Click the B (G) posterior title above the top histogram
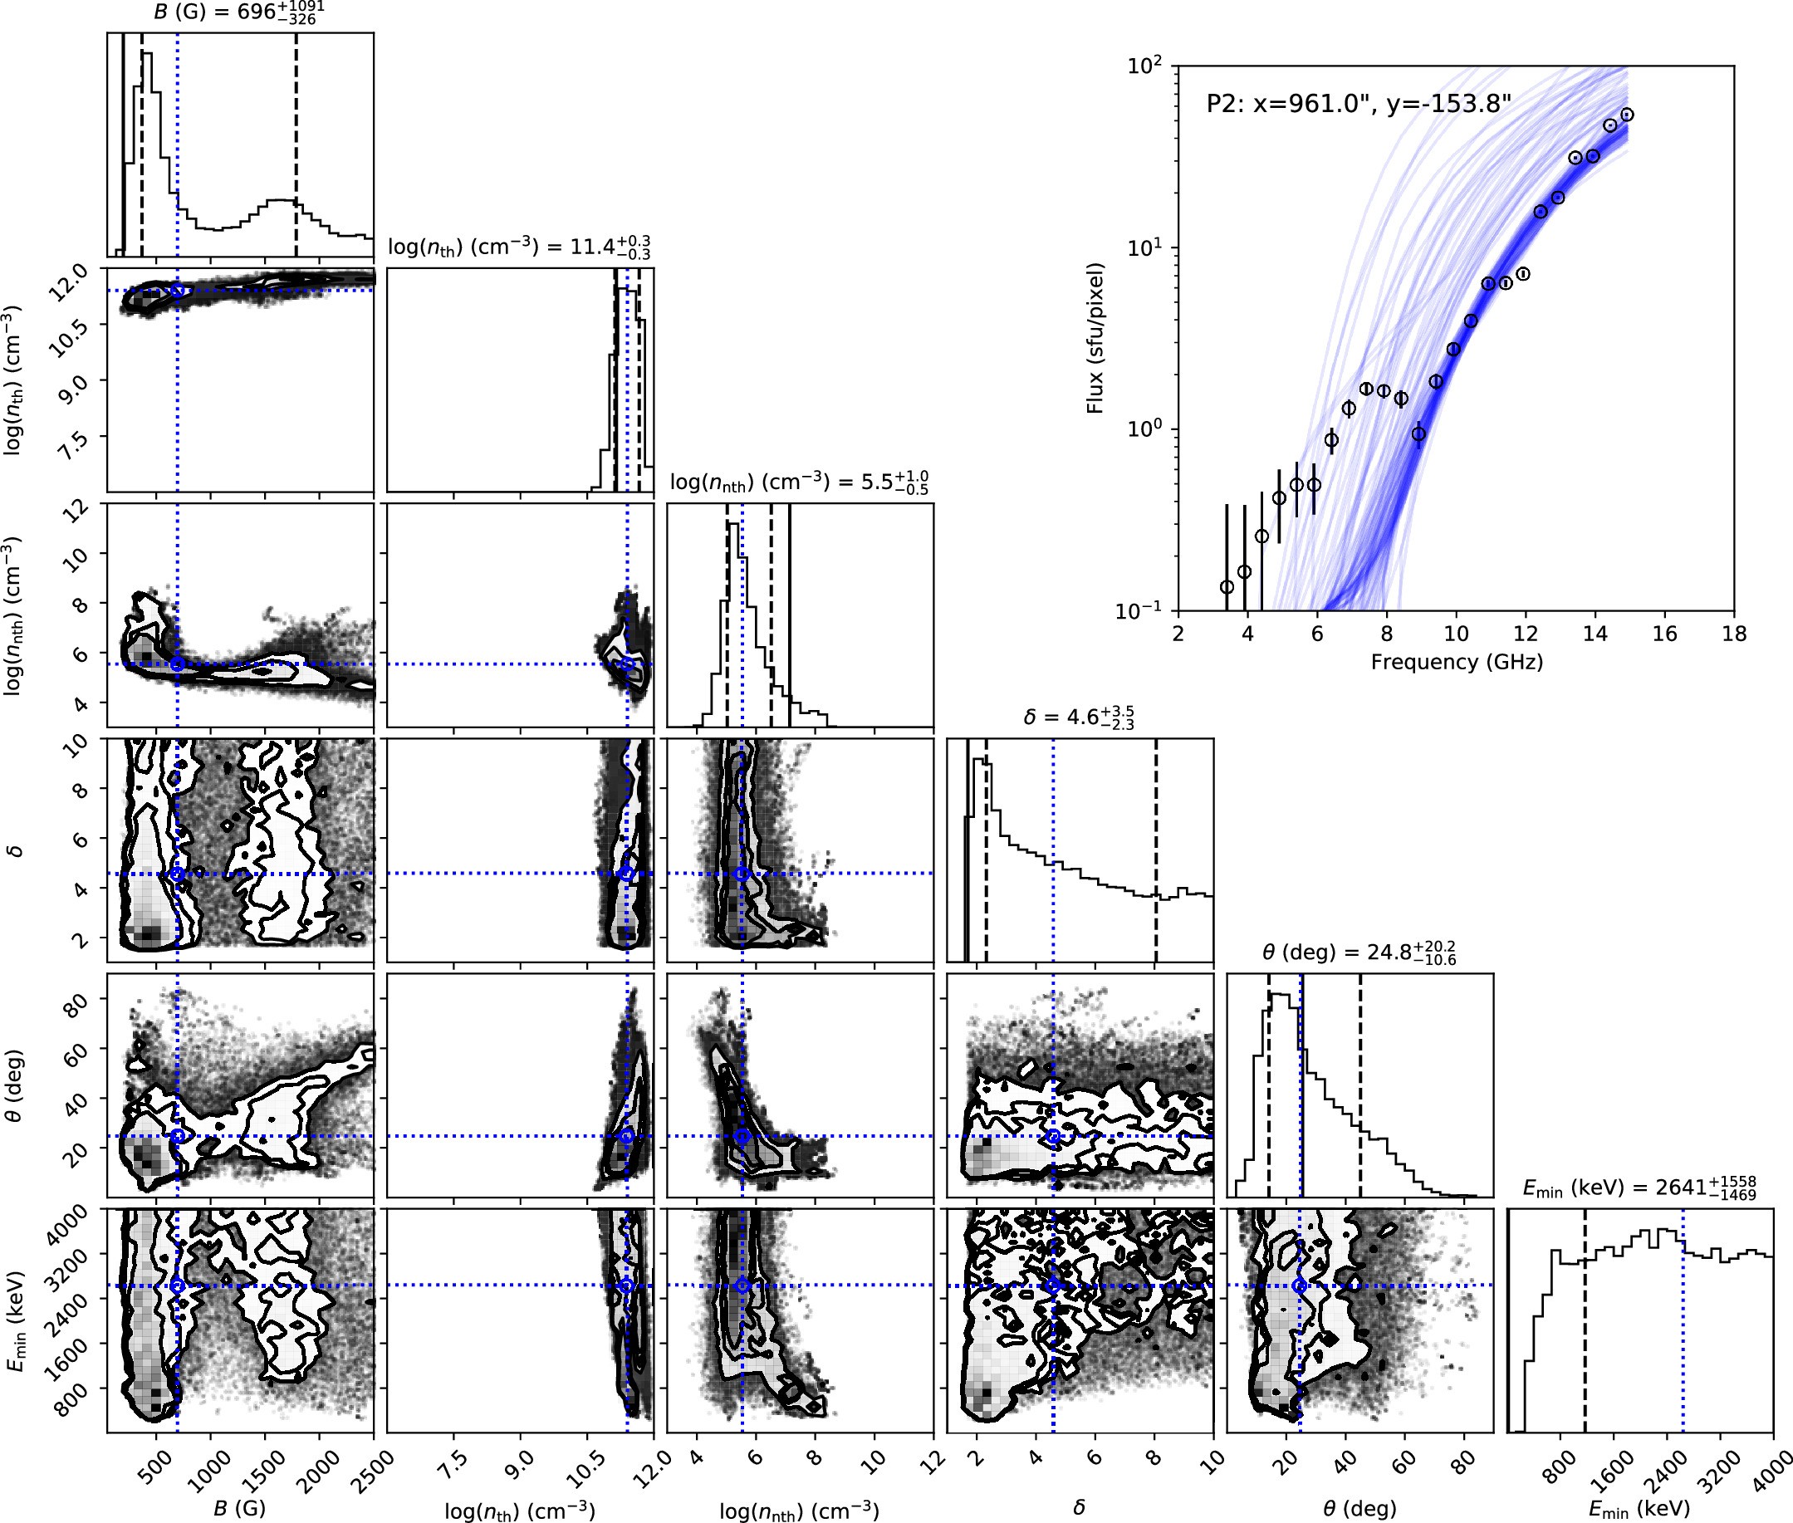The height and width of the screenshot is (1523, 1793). click(x=239, y=12)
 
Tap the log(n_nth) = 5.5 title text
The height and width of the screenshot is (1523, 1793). click(x=799, y=482)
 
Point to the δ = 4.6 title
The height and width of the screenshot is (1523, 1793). click(x=1078, y=717)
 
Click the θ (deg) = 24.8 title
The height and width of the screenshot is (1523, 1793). click(x=1359, y=952)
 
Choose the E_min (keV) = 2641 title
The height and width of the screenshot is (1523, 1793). click(x=1639, y=1188)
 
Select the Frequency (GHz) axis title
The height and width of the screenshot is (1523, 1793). click(x=1457, y=662)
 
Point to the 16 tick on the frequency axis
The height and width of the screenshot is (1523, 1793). click(x=1664, y=634)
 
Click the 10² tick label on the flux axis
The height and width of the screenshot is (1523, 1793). click(x=1147, y=66)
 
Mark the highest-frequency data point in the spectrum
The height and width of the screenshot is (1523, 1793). click(x=1627, y=115)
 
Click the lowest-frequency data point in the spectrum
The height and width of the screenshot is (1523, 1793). click(x=1227, y=587)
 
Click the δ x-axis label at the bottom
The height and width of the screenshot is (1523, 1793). click(x=1078, y=1507)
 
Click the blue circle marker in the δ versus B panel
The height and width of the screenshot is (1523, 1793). click(x=178, y=874)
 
